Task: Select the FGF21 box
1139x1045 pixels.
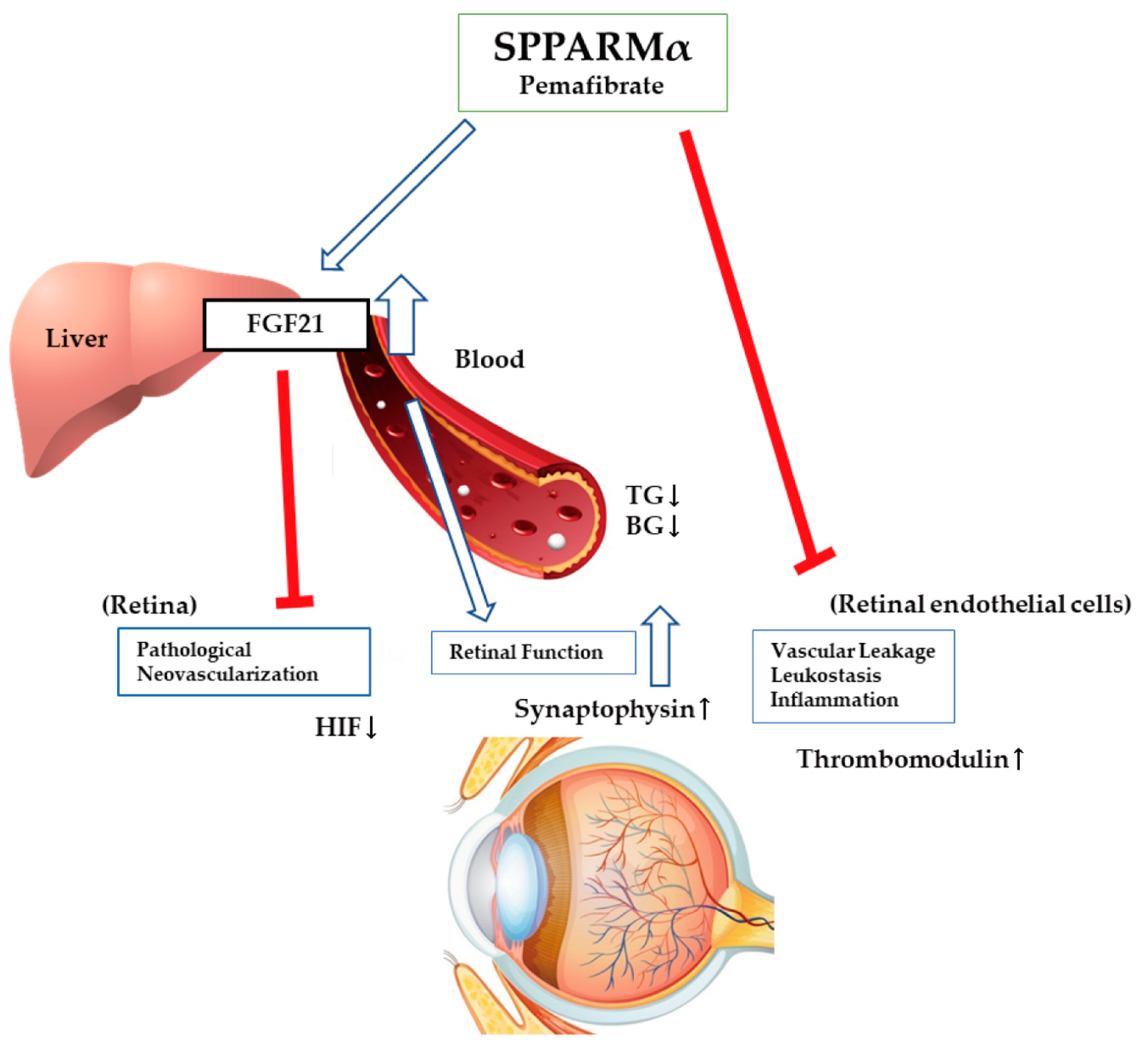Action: (285, 324)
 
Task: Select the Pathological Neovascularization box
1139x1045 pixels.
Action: (244, 662)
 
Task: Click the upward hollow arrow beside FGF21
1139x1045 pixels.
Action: (401, 317)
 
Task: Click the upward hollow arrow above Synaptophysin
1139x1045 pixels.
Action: (660, 647)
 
